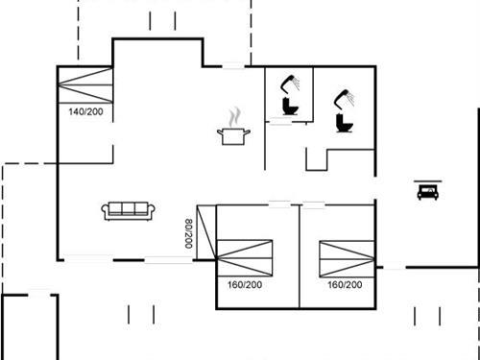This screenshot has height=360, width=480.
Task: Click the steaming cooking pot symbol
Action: (x=232, y=136)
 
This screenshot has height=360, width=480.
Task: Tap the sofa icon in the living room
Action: (x=127, y=210)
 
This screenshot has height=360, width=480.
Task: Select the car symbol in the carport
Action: (x=426, y=192)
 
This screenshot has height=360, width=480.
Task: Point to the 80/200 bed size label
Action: (x=188, y=233)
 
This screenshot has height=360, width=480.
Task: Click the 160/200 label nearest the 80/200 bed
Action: (x=245, y=285)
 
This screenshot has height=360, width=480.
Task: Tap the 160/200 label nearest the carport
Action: (x=345, y=285)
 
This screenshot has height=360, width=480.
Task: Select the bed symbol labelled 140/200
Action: (x=84, y=84)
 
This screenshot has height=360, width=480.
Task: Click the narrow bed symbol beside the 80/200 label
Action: (x=204, y=232)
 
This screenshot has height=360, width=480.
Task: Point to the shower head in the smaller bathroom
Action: (x=291, y=82)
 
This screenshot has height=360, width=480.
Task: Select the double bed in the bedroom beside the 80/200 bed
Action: (x=245, y=257)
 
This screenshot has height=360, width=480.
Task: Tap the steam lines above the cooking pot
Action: (x=233, y=117)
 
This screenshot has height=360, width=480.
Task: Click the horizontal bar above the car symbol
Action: (x=426, y=180)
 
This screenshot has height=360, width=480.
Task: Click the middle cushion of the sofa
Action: (x=127, y=209)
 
